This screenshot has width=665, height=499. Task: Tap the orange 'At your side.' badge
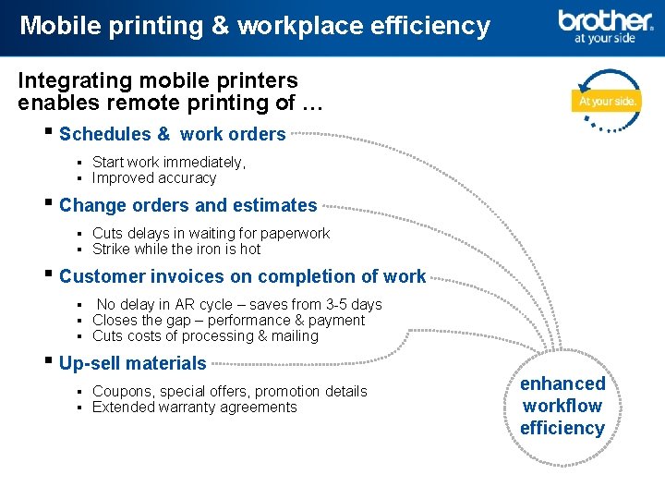coord(607,101)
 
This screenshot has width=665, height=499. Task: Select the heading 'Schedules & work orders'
coord(172,134)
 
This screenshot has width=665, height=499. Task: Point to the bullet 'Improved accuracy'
coord(154,178)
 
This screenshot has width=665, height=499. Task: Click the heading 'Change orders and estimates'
coord(187,205)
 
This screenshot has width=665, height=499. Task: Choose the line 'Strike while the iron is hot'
coord(176,249)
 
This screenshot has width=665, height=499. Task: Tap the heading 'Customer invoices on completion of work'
coord(242,276)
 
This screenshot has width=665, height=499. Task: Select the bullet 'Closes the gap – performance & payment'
coord(228,321)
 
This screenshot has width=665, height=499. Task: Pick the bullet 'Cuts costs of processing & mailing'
coord(205,336)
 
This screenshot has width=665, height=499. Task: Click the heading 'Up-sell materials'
coord(132,363)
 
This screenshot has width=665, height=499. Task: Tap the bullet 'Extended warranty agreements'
coord(194,408)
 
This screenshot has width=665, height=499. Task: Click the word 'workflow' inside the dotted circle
coord(562,406)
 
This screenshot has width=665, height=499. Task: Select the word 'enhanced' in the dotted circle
coord(562,383)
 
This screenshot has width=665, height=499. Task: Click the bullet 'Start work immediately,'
coord(169,163)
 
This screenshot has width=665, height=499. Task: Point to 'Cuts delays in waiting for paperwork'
coord(211,234)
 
